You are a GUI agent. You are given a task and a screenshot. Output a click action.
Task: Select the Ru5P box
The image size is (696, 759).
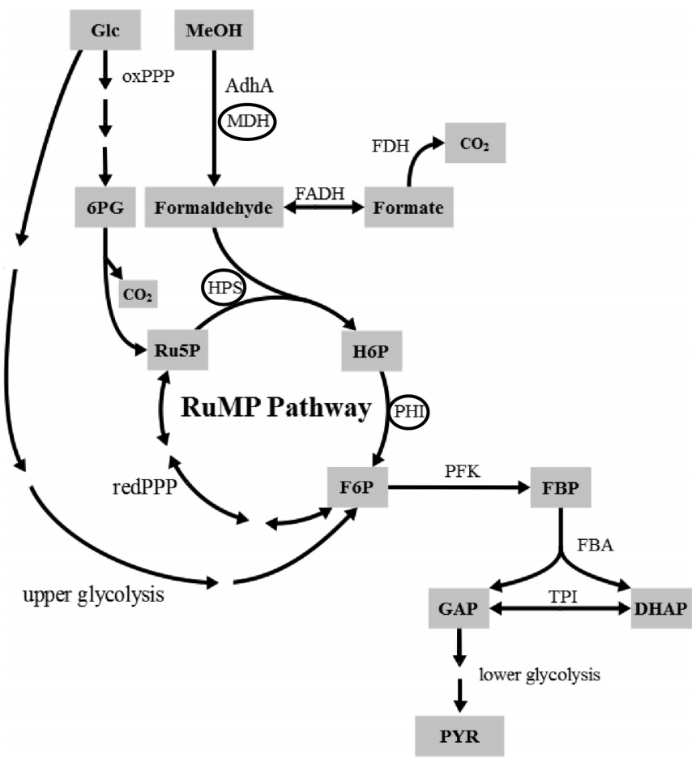(x=173, y=350)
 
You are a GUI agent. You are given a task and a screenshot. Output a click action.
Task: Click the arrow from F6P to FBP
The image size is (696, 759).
(x=458, y=488)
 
